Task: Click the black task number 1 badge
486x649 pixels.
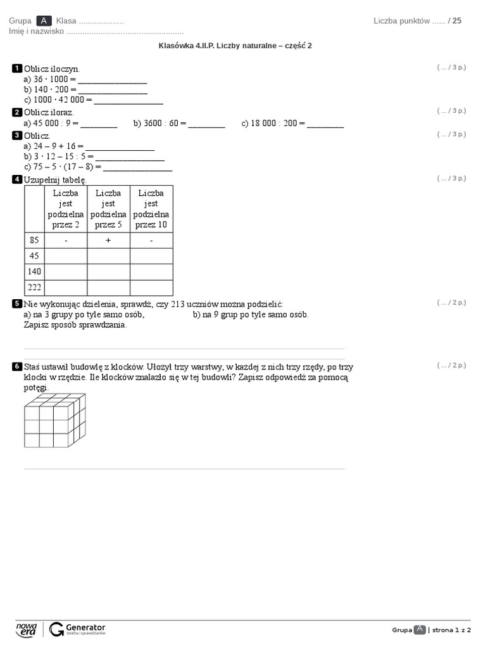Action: pos(17,68)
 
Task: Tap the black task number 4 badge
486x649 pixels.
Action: pos(17,179)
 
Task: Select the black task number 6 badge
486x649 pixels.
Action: pos(17,367)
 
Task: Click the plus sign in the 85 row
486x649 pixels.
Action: pos(109,241)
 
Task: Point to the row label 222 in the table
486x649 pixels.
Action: pos(34,288)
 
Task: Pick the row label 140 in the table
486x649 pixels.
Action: pos(34,272)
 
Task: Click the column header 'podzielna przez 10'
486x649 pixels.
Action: pos(151,209)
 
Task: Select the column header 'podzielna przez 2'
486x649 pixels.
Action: pos(66,209)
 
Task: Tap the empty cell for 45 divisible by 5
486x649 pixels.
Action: pos(109,256)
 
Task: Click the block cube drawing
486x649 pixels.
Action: pos(54,420)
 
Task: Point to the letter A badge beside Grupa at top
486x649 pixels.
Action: pos(44,21)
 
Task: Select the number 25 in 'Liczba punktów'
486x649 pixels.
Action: pos(457,21)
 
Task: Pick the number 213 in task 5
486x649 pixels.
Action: pos(178,304)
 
